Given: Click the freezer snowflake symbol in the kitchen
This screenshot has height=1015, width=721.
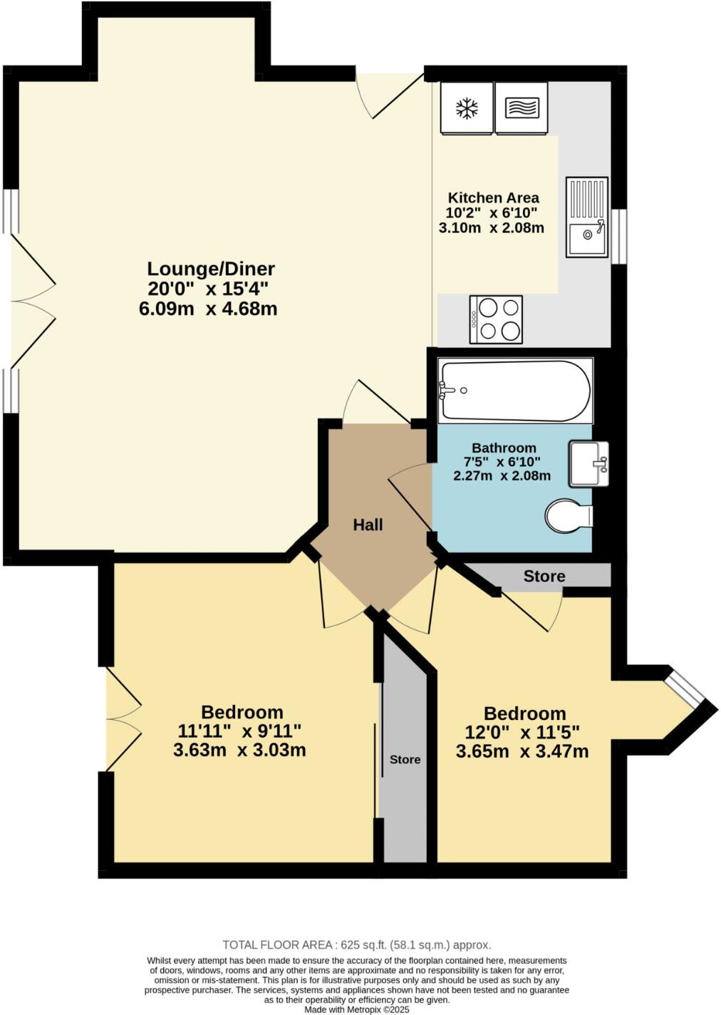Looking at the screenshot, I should pos(467,108).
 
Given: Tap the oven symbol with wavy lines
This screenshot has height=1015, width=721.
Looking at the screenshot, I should pos(522,108).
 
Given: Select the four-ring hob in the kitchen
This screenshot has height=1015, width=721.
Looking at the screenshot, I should pos(496,319).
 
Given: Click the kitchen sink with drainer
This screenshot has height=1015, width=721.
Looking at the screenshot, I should pos(587,217).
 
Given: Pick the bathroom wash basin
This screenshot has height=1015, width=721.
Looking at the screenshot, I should pos(588,463).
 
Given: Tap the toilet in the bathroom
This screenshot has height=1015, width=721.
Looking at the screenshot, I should pos(569,515).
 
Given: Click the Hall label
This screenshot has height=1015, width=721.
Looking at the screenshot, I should pos(368,525).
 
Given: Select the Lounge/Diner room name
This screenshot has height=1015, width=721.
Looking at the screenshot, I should pos(211,269).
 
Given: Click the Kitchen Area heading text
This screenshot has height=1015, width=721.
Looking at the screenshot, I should pos(493,197).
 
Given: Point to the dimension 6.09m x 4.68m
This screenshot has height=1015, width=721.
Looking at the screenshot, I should pos(208,309).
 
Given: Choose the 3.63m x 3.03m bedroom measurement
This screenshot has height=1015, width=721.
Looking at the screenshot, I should pos(239,750).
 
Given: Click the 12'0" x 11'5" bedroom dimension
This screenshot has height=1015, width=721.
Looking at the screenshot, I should pos(524,732).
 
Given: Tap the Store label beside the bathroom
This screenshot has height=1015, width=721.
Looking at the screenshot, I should pos(544,576).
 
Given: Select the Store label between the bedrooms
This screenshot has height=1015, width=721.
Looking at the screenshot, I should pos(405,760).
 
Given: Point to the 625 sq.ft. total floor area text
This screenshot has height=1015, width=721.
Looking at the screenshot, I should pos(356,945).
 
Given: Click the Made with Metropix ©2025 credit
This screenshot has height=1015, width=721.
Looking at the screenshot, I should pos(357,1009).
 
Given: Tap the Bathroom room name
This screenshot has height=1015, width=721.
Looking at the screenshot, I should pos(504,448).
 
